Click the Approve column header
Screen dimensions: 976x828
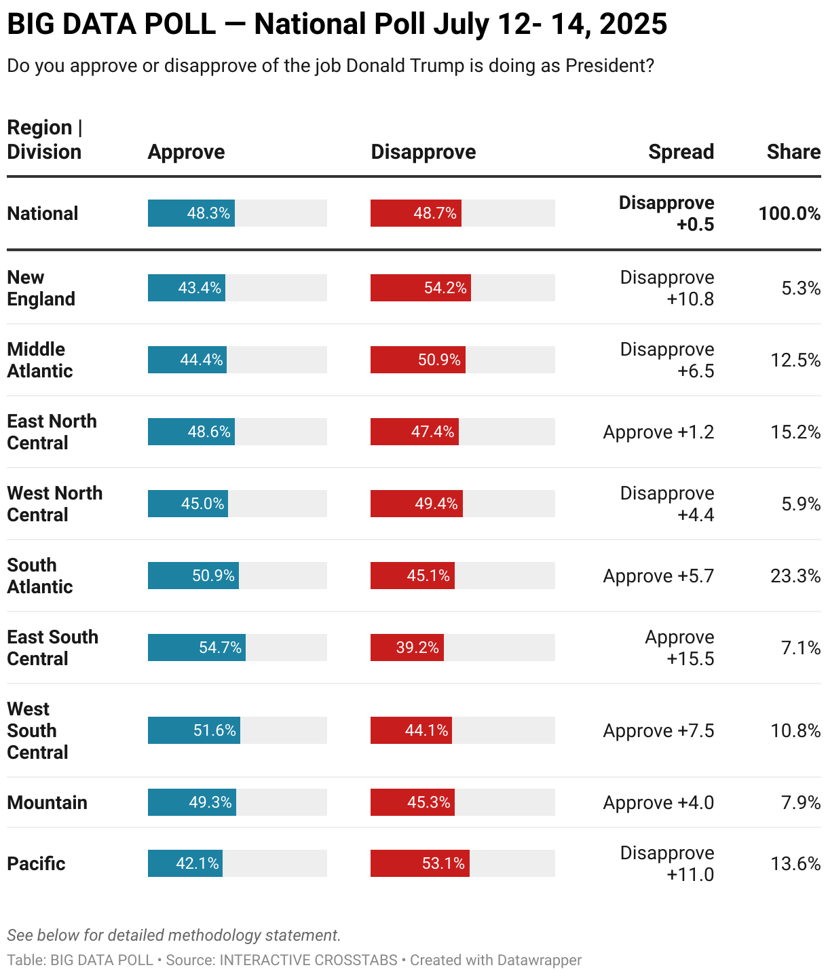click(x=186, y=152)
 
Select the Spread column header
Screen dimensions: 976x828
click(x=681, y=152)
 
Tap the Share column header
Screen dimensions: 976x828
click(x=793, y=152)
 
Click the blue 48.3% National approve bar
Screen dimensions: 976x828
click(x=191, y=213)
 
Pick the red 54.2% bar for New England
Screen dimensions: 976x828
click(x=420, y=288)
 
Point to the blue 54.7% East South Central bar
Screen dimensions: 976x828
click(x=197, y=647)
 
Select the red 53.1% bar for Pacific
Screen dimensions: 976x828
click(x=419, y=863)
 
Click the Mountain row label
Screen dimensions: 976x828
click(x=47, y=802)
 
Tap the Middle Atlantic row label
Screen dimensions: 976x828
click(x=39, y=360)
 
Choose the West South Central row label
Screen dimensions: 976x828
click(x=37, y=730)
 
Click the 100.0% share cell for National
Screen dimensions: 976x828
click(x=789, y=213)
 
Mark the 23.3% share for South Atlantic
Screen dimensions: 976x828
click(x=795, y=576)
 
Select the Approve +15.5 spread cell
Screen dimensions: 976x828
click(x=680, y=647)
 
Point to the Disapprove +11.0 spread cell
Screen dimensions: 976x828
click(x=668, y=863)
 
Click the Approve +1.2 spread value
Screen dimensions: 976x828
click(x=658, y=432)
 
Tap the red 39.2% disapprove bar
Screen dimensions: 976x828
click(x=407, y=647)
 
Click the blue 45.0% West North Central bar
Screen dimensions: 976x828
click(x=188, y=504)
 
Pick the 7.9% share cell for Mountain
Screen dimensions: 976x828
click(x=801, y=802)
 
